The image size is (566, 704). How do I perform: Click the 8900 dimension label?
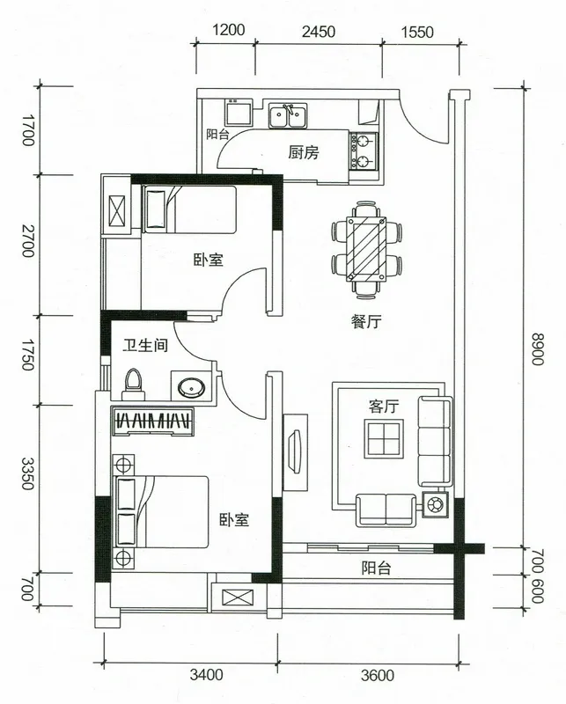tap(537, 349)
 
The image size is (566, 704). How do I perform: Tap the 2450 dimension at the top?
tap(319, 32)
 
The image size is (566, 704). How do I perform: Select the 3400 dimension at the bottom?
tap(206, 674)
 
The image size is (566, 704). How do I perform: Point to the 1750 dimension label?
tap(27, 355)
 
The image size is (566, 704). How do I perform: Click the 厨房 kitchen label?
tap(304, 152)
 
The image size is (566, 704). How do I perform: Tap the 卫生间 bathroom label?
tap(145, 345)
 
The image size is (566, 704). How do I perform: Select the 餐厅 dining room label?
tap(366, 321)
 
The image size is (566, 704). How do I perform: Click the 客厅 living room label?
tap(384, 407)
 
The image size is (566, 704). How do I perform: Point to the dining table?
tap(366, 249)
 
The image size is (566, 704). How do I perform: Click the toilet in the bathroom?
tap(134, 385)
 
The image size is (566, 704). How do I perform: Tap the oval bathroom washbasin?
tap(191, 386)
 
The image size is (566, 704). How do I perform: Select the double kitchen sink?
tap(288, 116)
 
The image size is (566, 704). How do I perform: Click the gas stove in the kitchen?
tap(364, 151)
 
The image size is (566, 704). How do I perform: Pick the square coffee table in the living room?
tap(384, 438)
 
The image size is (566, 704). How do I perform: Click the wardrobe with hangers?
tap(153, 422)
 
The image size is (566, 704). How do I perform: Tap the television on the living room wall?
tap(295, 451)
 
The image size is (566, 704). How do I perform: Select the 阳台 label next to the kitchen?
tap(218, 135)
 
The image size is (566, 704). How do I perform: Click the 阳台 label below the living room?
tap(376, 568)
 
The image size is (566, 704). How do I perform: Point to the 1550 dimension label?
tap(417, 33)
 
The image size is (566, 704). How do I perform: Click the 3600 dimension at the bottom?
tap(378, 675)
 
